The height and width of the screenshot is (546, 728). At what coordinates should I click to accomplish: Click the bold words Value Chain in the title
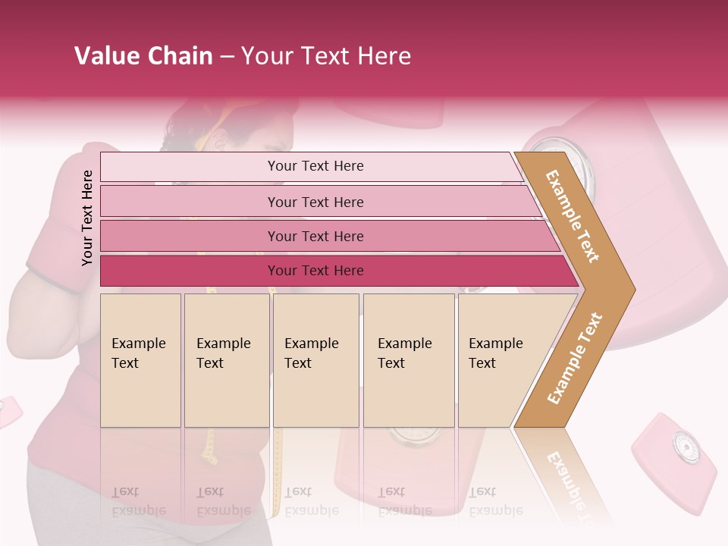(x=143, y=56)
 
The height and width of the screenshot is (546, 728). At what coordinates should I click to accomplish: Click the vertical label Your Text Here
(x=87, y=218)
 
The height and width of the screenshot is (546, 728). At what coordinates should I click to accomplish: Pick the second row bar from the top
(x=315, y=202)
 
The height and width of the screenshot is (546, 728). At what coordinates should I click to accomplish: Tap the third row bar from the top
(x=315, y=236)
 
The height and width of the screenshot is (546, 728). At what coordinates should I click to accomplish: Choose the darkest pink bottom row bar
(x=315, y=271)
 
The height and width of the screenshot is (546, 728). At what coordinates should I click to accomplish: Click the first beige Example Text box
(x=140, y=360)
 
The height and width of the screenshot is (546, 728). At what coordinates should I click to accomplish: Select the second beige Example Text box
(x=226, y=360)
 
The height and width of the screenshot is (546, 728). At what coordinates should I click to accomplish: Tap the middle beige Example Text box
(x=315, y=360)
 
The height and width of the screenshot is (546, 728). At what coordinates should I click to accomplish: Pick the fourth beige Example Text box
(x=408, y=360)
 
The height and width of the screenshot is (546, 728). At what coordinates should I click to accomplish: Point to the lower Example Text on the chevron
(x=575, y=358)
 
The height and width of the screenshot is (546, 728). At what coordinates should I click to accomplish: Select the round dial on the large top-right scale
(x=576, y=163)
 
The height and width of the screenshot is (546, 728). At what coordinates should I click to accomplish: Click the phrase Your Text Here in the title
(x=326, y=56)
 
